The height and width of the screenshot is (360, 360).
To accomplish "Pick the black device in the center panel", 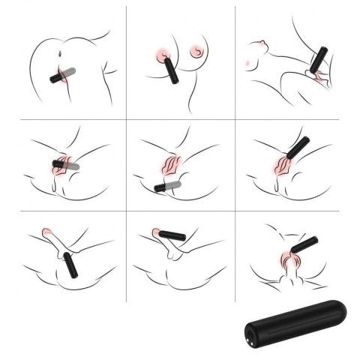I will click(x=160, y=187).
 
